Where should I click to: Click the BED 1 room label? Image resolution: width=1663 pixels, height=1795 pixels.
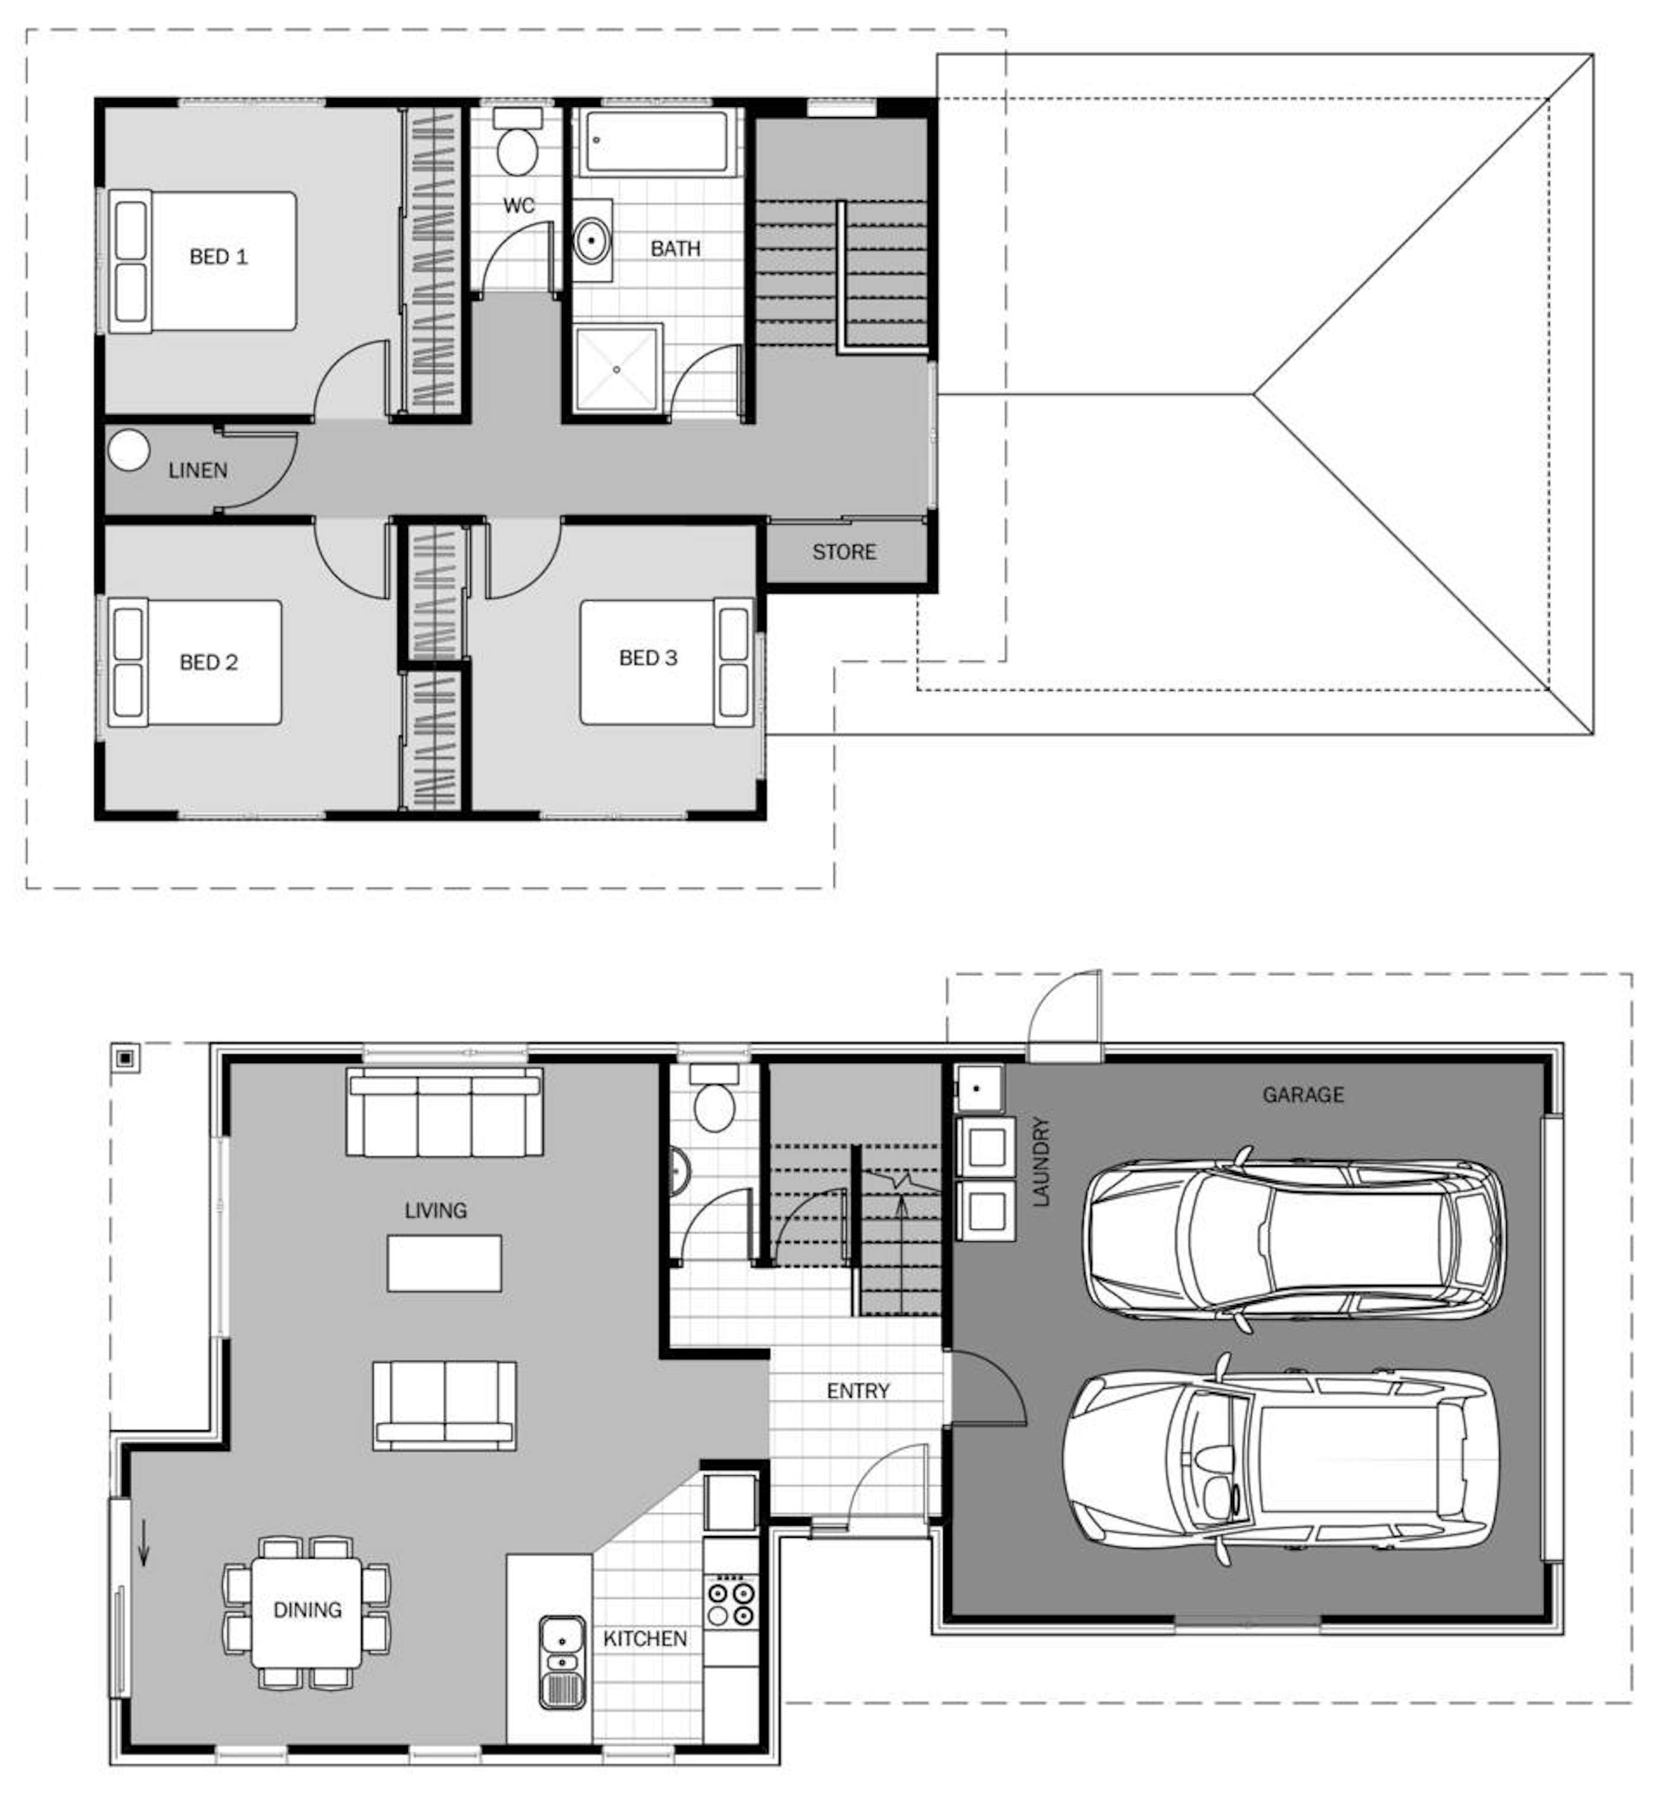pos(218,257)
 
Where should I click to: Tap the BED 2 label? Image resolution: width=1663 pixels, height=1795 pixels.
pos(209,662)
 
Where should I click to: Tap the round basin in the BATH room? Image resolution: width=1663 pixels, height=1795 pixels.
pos(591,240)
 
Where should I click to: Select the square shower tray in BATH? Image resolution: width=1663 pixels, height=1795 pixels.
pos(616,369)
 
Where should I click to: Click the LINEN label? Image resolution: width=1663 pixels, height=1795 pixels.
pos(198,470)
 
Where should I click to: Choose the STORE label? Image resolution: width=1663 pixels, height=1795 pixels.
pos(844,552)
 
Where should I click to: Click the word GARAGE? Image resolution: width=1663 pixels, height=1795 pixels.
pos(1303,1094)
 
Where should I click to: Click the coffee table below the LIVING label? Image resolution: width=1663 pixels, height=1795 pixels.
pos(444,1263)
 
